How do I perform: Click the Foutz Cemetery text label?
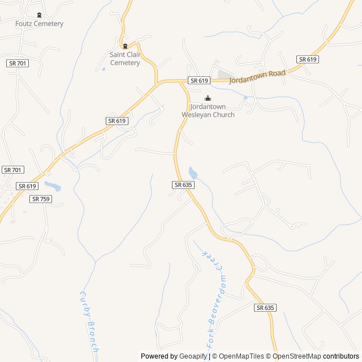pos(39,24)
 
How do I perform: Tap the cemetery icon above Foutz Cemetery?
pos(39,15)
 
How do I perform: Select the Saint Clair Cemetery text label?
pos(125,59)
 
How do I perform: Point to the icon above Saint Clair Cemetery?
pos(125,46)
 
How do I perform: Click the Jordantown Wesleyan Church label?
pos(208,111)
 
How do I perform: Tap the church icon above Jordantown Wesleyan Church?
pos(208,98)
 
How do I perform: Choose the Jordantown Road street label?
pos(257,77)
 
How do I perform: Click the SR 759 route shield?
pos(41,199)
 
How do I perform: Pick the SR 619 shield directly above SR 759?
pos(27,186)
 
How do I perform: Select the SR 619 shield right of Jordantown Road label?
pos(307,59)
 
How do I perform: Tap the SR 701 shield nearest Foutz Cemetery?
pos(18,63)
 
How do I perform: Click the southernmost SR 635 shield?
pos(265,308)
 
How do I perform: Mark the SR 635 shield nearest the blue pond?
pos(183,185)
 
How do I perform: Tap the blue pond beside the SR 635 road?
pos(193,173)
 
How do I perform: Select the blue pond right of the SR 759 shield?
pos(53,186)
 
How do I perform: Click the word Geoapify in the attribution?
pos(193,356)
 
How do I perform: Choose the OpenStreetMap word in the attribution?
pos(294,356)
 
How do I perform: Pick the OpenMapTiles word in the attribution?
pos(241,356)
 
